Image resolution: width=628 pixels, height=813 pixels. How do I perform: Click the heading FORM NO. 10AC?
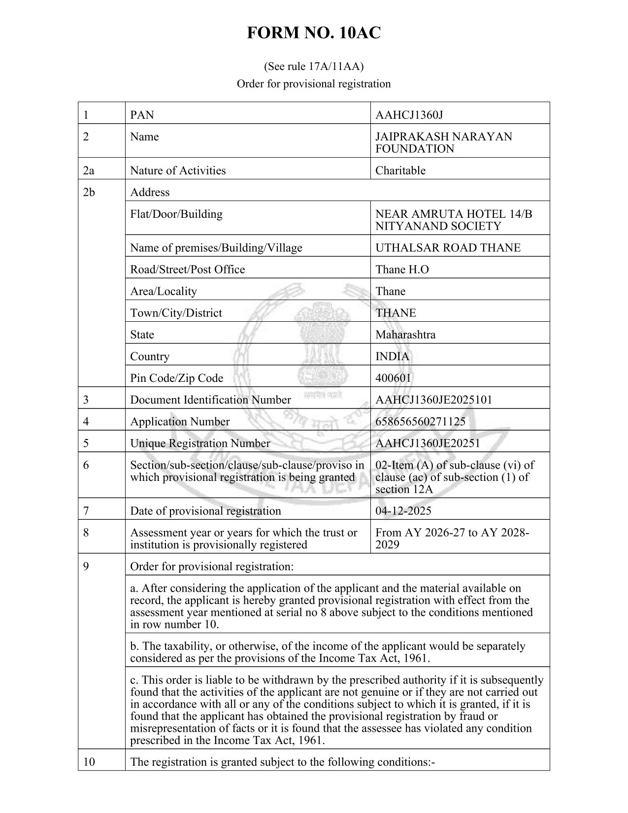(314, 33)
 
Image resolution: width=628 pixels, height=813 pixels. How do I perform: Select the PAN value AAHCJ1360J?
(409, 115)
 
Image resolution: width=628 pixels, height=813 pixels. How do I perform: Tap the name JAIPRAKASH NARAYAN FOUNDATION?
(443, 142)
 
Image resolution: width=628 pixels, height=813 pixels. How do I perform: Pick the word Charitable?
(400, 170)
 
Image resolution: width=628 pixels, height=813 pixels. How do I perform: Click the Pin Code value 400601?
(393, 378)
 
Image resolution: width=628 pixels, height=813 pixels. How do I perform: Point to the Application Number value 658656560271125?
(420, 421)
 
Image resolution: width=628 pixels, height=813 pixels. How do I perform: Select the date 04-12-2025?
(403, 510)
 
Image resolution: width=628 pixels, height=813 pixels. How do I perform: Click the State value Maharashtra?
(405, 335)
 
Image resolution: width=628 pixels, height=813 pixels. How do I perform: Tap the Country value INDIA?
(392, 356)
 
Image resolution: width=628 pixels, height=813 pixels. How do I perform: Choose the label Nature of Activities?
(178, 170)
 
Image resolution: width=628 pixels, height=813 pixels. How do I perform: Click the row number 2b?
(89, 192)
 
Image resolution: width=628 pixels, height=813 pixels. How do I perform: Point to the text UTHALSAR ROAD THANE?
(448, 247)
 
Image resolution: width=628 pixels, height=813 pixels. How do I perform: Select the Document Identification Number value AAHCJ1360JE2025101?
(433, 400)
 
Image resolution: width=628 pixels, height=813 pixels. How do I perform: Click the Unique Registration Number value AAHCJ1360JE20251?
(427, 443)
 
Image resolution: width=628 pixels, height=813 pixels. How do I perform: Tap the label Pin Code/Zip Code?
(176, 378)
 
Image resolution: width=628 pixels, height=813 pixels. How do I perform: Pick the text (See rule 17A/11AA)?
(314, 66)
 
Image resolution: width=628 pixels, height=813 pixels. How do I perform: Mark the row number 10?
(89, 762)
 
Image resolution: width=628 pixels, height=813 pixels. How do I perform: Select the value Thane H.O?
(401, 269)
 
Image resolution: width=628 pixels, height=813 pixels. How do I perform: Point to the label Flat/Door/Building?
(176, 214)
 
